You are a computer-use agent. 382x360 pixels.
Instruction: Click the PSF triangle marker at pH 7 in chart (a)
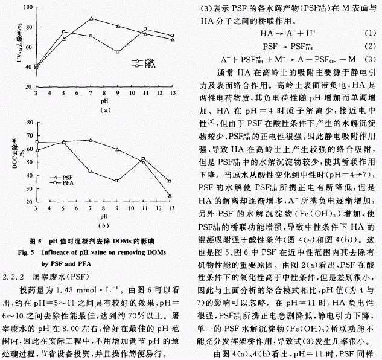coord(91,19)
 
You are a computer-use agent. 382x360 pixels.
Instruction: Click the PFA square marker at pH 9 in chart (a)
coord(118,53)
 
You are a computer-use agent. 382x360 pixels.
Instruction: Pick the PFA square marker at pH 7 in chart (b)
coord(91,172)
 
